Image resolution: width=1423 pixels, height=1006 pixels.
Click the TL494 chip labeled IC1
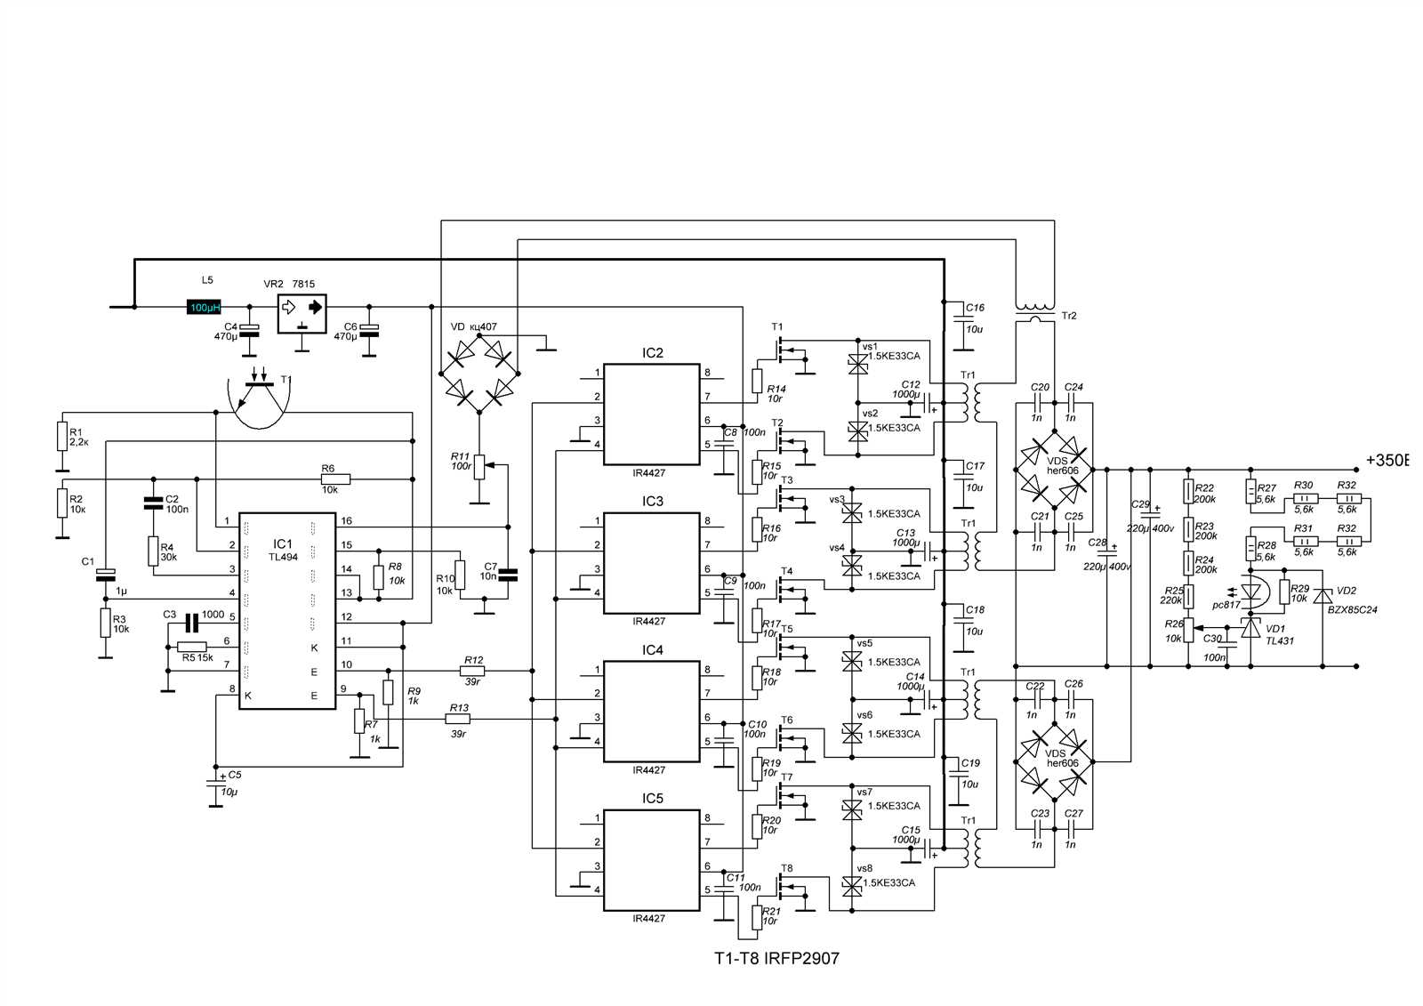click(286, 611)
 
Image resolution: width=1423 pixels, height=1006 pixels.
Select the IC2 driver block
click(651, 414)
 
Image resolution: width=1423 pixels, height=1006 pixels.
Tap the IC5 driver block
click(651, 860)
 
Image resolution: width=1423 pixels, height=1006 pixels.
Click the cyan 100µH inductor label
click(204, 307)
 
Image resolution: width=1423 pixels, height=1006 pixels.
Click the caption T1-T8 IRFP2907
click(776, 959)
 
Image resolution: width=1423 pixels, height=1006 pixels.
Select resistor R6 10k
click(336, 479)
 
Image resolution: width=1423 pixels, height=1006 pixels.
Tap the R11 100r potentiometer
click(479, 465)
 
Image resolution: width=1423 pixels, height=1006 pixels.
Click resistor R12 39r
click(472, 671)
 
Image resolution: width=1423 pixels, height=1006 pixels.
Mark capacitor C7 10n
click(508, 574)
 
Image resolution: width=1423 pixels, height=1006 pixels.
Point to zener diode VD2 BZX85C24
click(1323, 594)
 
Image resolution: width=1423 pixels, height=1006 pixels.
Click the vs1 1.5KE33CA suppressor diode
click(856, 363)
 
